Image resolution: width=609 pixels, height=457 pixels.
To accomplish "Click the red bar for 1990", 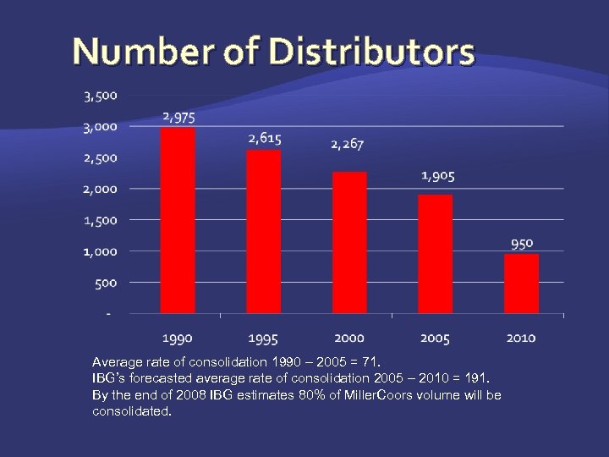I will pyautogui.click(x=178, y=220).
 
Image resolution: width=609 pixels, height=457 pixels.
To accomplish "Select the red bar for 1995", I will pyautogui.click(x=264, y=231).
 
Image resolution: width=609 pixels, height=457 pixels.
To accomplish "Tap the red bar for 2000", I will pyautogui.click(x=349, y=242).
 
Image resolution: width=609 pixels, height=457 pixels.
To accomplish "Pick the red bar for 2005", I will pyautogui.click(x=436, y=254).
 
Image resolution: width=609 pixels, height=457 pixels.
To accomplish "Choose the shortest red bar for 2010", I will pyautogui.click(x=521, y=284).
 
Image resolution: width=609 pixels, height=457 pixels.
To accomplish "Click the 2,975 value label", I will pyautogui.click(x=178, y=117).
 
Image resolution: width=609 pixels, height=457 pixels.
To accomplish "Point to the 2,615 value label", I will pyautogui.click(x=264, y=138).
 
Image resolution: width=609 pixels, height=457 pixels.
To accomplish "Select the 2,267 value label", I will pyautogui.click(x=348, y=145).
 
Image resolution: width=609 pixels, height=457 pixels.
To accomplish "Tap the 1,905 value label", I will pyautogui.click(x=438, y=176).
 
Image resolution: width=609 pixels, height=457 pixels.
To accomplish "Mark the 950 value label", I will pyautogui.click(x=522, y=243).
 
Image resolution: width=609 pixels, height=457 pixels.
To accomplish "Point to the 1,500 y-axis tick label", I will pyautogui.click(x=101, y=220).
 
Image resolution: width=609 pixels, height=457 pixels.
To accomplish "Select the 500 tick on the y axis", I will pyautogui.click(x=106, y=283).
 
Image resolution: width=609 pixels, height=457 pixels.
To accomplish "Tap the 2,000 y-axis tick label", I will pyautogui.click(x=101, y=189).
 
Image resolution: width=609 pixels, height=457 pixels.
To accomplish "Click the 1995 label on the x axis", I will pyautogui.click(x=263, y=339).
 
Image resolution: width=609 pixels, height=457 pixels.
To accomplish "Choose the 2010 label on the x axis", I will pyautogui.click(x=521, y=339).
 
